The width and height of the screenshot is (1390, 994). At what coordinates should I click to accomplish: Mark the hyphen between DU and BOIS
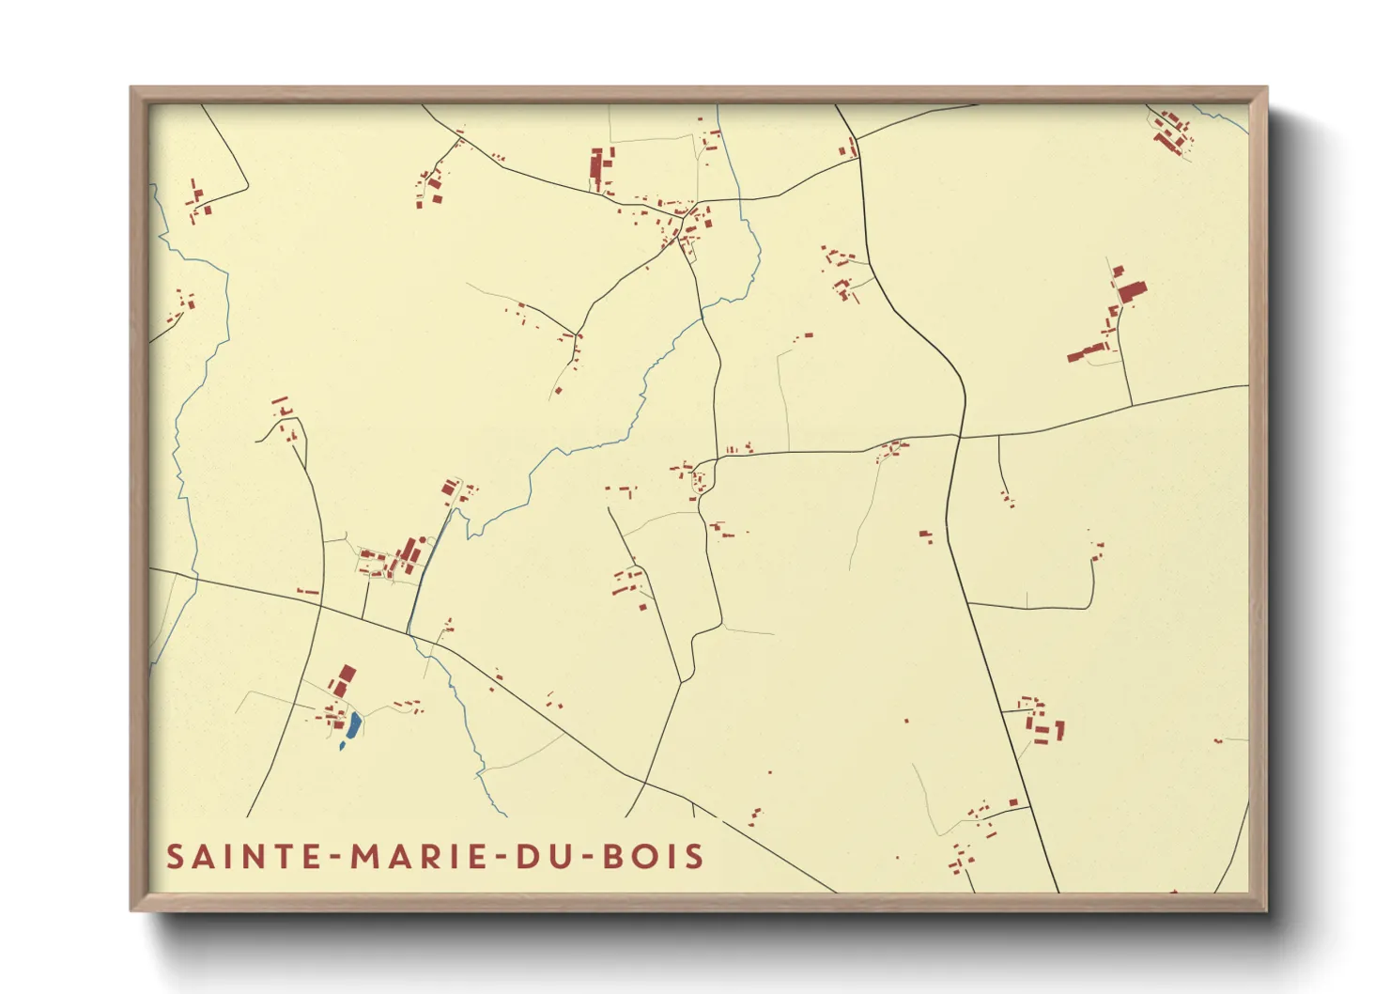point(583,858)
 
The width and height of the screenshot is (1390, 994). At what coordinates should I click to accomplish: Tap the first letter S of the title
point(175,857)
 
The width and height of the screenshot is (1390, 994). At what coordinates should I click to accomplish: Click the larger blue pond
point(353,724)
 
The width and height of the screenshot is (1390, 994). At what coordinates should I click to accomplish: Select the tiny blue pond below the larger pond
point(341,748)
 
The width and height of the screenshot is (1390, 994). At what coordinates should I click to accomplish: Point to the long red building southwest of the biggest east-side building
point(1088,353)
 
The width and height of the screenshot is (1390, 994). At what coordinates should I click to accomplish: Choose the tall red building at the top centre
point(595,165)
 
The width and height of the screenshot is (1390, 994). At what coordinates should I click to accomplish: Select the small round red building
point(906,721)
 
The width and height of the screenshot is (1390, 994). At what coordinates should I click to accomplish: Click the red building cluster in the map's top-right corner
point(1171,132)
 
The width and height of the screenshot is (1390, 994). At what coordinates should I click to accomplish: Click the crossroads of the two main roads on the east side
point(958,437)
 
